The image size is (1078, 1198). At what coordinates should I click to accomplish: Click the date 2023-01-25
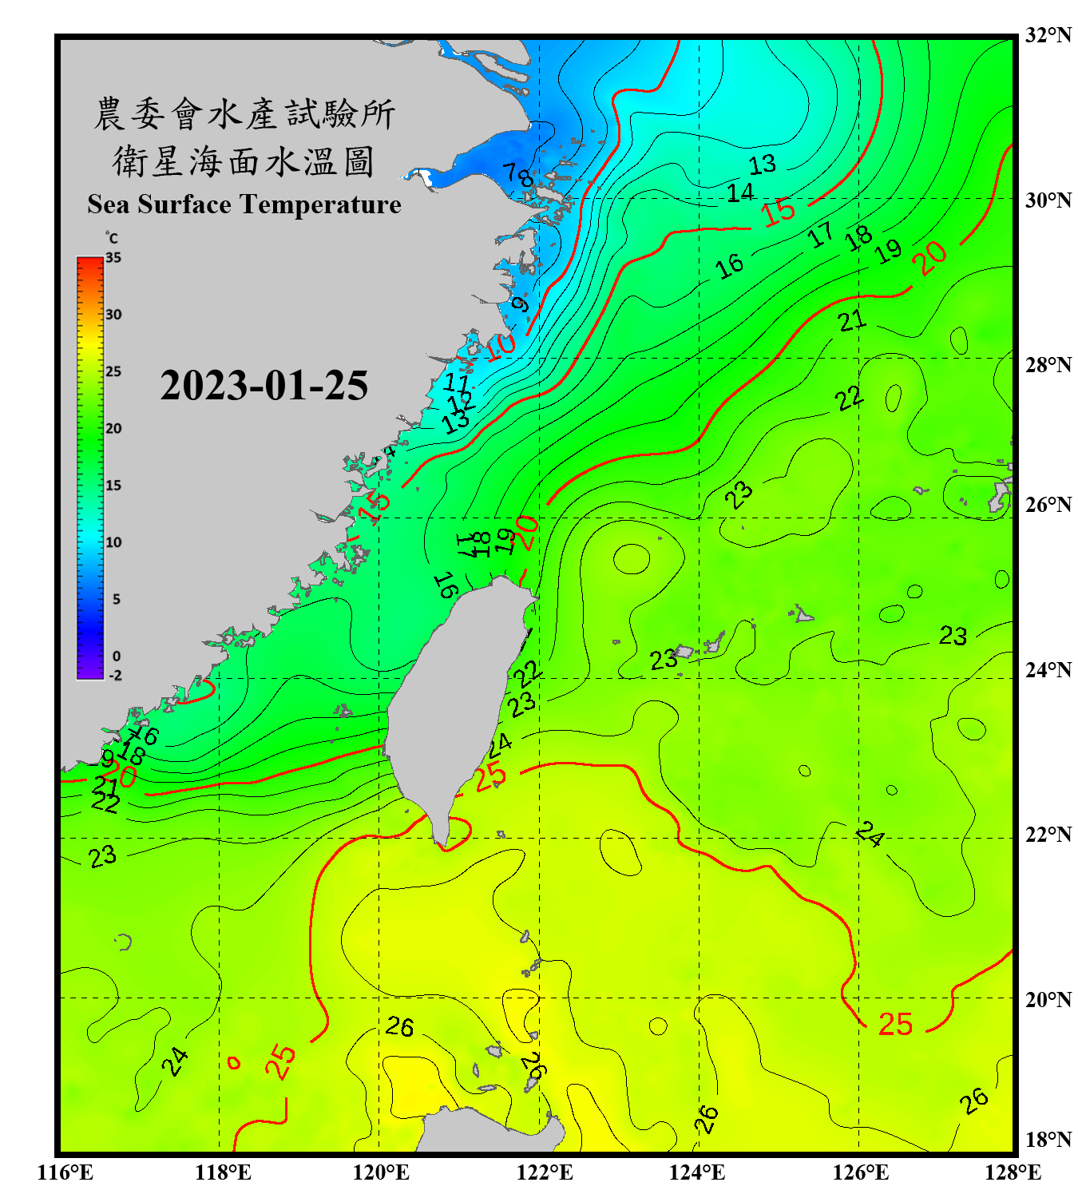click(264, 386)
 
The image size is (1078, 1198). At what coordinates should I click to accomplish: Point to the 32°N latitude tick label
click(1048, 35)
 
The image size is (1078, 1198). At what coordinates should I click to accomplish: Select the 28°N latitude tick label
click(1048, 365)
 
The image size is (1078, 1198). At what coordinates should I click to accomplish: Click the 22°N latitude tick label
click(1048, 835)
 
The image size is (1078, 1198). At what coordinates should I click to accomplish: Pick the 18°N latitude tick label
click(1048, 1140)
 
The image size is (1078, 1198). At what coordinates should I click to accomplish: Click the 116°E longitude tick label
click(65, 1172)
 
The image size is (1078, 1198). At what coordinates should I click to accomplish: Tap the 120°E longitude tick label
click(381, 1172)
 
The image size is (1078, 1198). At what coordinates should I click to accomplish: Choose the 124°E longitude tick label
click(697, 1172)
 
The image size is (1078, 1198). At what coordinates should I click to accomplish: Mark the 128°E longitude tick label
click(1013, 1172)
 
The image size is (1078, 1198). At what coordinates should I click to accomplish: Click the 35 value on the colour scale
click(113, 258)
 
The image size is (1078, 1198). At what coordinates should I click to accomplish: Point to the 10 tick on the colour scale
click(113, 542)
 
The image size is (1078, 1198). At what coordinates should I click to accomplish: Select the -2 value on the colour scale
click(115, 676)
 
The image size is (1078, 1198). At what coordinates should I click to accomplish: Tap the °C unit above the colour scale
click(112, 238)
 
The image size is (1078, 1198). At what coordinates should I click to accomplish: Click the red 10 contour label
click(501, 347)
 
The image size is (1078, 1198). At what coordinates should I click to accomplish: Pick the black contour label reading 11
click(456, 383)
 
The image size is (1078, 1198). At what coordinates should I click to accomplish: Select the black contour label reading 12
click(460, 402)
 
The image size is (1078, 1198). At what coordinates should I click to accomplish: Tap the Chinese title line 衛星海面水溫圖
click(244, 161)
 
